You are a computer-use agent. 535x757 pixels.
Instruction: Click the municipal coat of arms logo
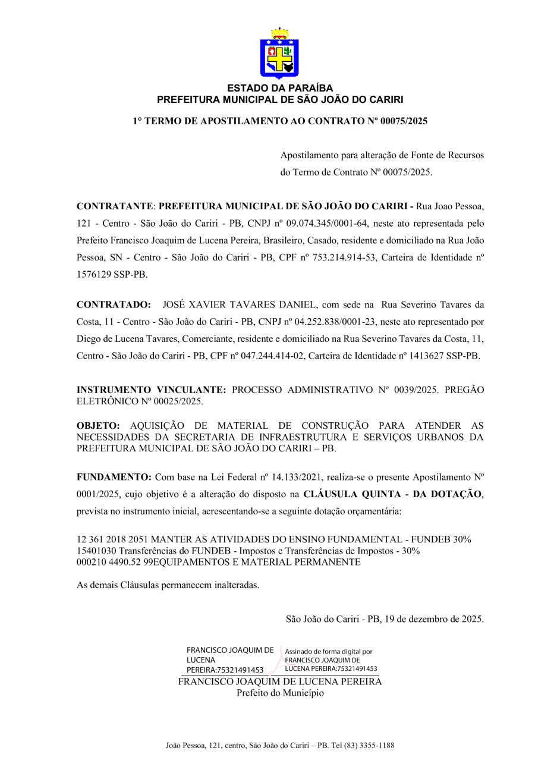(279, 54)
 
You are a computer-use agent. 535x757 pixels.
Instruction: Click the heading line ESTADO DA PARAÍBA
(279, 89)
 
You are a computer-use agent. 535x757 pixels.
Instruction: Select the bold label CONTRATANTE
(115, 207)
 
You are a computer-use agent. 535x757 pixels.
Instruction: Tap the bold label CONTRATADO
(114, 305)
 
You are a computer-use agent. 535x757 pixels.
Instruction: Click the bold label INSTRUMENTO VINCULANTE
(151, 390)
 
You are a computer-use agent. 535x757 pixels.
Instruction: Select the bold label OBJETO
(98, 426)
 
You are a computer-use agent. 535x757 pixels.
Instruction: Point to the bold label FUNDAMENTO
(115, 478)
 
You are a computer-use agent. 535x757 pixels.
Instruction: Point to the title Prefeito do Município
(280, 693)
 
